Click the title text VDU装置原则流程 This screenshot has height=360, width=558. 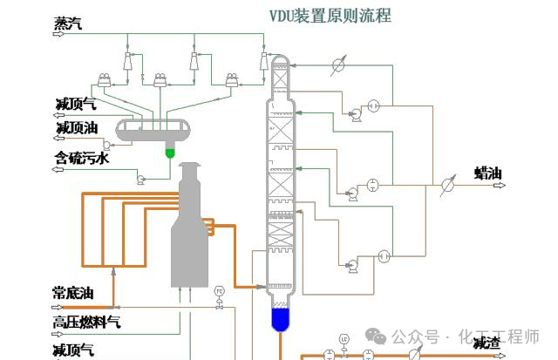(330, 15)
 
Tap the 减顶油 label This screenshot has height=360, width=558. (76, 128)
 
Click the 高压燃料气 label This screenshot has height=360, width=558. (86, 323)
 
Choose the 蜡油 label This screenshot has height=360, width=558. (488, 173)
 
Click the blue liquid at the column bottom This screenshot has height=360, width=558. (280, 319)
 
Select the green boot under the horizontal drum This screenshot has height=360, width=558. (170, 153)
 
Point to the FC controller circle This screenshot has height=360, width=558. (220, 289)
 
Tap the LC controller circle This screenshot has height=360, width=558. (344, 336)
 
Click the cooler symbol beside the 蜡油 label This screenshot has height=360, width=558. (447, 184)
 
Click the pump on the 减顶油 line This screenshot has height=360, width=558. (108, 145)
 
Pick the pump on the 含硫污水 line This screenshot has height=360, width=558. (139, 178)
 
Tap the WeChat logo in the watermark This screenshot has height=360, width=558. (378, 336)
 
